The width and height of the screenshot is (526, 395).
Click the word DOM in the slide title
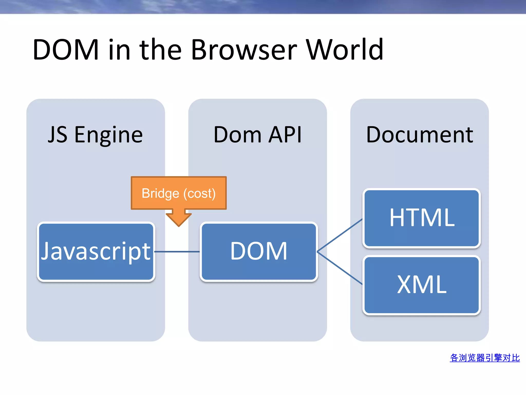click(66, 49)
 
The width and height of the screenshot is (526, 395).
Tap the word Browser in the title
click(244, 49)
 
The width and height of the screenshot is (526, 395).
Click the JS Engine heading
click(95, 135)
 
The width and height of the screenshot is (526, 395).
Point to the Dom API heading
click(258, 135)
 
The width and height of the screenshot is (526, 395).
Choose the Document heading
click(419, 135)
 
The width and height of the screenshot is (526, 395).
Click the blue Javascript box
click(96, 252)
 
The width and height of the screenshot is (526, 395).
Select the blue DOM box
click(259, 252)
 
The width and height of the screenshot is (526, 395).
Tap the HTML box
click(421, 218)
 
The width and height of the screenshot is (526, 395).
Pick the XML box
click(421, 285)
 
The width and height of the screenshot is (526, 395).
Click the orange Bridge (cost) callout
click(179, 193)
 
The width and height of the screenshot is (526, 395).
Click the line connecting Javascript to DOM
click(177, 252)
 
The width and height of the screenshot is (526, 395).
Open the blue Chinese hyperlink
click(485, 358)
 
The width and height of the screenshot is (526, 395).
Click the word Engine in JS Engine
click(108, 135)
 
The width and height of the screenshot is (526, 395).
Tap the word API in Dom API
click(285, 135)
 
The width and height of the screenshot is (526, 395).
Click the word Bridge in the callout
click(160, 194)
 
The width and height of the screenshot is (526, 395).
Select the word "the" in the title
click(161, 49)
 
